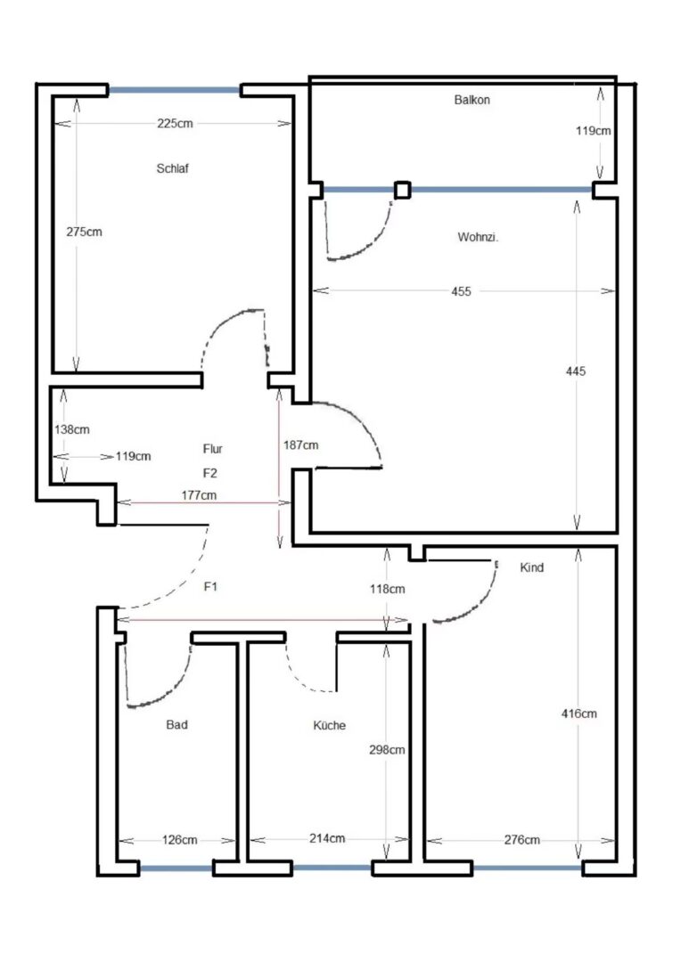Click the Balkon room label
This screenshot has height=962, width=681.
(472, 100)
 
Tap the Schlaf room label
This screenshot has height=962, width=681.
(173, 168)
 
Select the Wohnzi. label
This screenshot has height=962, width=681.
(478, 237)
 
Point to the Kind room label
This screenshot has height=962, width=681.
(532, 567)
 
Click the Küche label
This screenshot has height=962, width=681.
(329, 725)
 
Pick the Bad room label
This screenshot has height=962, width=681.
(176, 724)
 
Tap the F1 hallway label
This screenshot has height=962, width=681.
(210, 586)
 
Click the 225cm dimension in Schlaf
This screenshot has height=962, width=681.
(175, 123)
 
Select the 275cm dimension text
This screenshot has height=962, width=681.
(84, 232)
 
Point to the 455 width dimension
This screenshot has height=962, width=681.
(461, 291)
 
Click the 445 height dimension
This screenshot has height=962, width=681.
(576, 371)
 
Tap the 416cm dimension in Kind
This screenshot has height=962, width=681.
(579, 713)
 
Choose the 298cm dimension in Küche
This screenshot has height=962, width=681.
(387, 750)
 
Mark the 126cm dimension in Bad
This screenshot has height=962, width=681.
(179, 839)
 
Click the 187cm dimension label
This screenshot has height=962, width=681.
(301, 445)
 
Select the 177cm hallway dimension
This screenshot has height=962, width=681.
(199, 495)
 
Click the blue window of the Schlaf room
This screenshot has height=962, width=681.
(175, 90)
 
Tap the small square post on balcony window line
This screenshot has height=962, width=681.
(402, 190)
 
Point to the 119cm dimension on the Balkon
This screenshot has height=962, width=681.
(593, 131)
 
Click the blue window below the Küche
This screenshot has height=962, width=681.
(332, 868)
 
